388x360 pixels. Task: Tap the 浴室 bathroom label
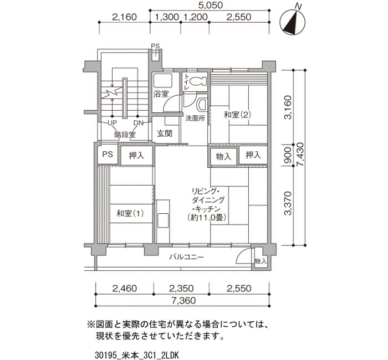(x=161, y=94)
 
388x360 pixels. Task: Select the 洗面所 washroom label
(x=195, y=118)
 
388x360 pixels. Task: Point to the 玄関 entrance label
(x=165, y=134)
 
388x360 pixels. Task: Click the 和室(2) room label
(x=237, y=115)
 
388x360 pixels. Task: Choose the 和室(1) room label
(x=130, y=213)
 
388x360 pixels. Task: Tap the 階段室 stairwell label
(x=125, y=135)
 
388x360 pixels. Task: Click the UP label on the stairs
(x=113, y=123)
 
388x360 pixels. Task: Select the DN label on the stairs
(x=139, y=123)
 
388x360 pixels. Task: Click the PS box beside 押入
(x=108, y=155)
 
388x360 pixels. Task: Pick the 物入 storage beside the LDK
(x=223, y=156)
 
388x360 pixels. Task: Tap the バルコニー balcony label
(x=187, y=257)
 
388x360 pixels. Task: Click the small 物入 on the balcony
(x=261, y=261)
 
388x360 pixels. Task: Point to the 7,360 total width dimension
(x=183, y=301)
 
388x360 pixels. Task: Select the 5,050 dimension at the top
(x=211, y=5)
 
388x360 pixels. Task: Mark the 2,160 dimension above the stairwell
(x=124, y=17)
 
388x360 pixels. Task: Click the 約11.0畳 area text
(x=207, y=218)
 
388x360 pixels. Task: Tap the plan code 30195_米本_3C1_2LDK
(x=136, y=356)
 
